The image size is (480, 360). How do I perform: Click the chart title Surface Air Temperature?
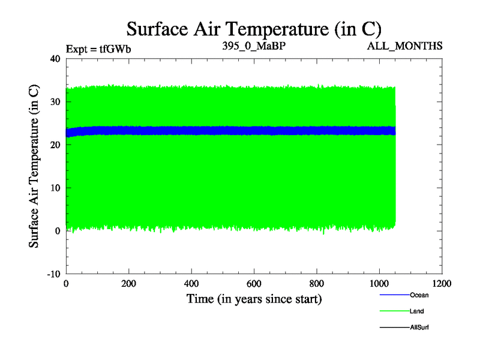tap(254, 28)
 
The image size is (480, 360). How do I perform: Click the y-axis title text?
tap(34, 167)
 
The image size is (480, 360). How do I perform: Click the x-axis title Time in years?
tap(254, 298)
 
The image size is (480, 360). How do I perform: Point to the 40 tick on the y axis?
tap(55, 59)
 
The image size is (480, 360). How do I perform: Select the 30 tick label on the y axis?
tap(55, 102)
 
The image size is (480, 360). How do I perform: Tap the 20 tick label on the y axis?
tap(55, 145)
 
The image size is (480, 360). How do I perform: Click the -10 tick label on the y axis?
tap(53, 274)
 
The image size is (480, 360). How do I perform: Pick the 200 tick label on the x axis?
tap(128, 283)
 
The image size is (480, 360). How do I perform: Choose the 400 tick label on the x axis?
tap(191, 283)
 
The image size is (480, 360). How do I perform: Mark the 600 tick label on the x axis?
tap(254, 283)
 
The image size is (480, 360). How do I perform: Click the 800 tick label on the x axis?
tap(317, 283)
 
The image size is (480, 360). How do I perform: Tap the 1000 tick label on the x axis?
tap(379, 283)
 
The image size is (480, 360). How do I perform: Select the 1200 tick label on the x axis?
tap(442, 283)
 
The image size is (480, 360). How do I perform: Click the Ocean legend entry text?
tap(419, 295)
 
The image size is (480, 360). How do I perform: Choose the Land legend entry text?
tap(418, 311)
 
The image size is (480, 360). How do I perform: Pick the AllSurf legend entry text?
tap(420, 327)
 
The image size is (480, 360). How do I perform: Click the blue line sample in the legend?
tap(394, 295)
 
